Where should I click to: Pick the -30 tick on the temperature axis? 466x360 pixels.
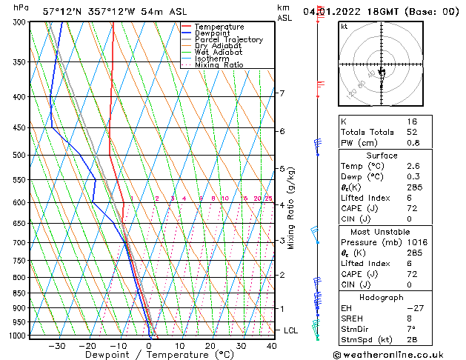pos(56,345)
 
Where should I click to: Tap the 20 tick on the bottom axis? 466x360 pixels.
pos(210,345)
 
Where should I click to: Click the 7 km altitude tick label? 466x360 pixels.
pos(282,93)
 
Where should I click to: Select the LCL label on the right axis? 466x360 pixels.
pos(291,330)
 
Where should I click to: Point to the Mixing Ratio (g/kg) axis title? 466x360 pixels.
pos(291,208)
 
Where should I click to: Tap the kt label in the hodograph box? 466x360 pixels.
pos(344,26)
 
